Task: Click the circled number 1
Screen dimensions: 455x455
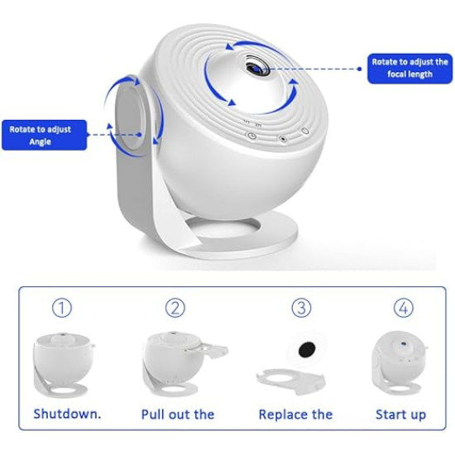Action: coord(61,309)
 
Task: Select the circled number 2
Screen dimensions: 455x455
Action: coord(175,309)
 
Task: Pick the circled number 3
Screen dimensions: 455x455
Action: coord(301,309)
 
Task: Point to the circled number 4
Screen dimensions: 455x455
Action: coord(403,309)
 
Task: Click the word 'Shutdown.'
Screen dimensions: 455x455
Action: coord(67,414)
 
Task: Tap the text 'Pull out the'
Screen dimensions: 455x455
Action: coord(179,414)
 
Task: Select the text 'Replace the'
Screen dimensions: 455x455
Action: coord(295,414)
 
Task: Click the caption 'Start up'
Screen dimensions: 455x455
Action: coord(401,414)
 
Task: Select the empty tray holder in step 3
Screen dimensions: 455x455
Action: coord(289,381)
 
